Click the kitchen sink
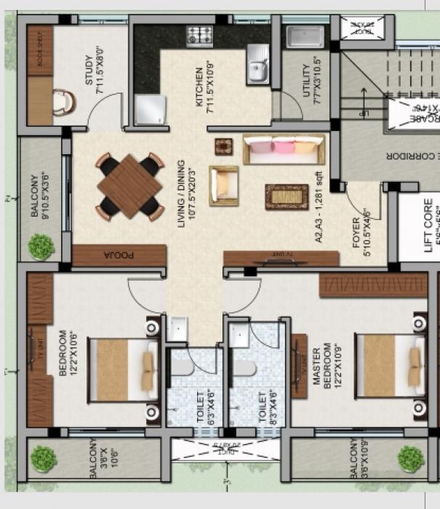pyautogui.click(x=257, y=63)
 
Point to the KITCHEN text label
pyautogui.click(x=204, y=89)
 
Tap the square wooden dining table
pyautogui.click(x=129, y=186)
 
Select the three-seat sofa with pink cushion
pyautogui.click(x=282, y=150)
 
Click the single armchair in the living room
pyautogui.click(x=223, y=185)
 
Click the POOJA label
pyautogui.click(x=119, y=255)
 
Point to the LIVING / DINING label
pyautogui.click(x=185, y=191)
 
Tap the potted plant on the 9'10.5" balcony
pyautogui.click(x=41, y=247)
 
